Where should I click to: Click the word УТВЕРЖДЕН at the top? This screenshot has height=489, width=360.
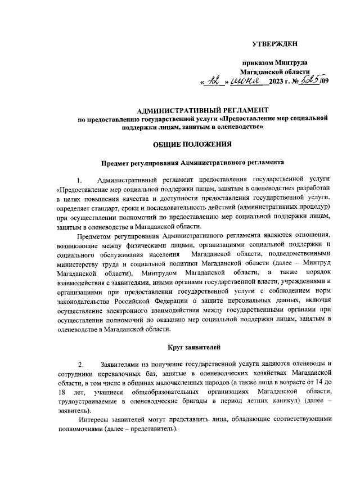(274, 43)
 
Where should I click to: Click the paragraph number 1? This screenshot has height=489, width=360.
(80, 180)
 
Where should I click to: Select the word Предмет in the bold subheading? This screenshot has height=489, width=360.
(116, 163)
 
